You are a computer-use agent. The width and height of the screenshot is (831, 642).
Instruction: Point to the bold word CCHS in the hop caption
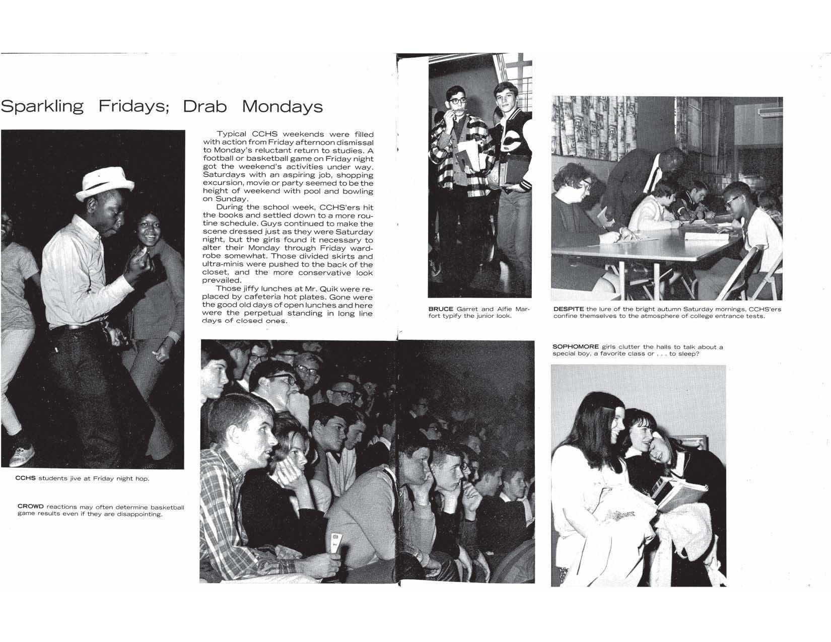coord(26,478)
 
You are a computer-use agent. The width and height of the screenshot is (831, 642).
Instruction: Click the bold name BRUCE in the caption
coord(441,309)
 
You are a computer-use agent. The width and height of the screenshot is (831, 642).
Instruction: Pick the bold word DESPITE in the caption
coord(569,309)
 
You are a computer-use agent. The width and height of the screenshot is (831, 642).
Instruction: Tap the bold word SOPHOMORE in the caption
coord(576,347)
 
